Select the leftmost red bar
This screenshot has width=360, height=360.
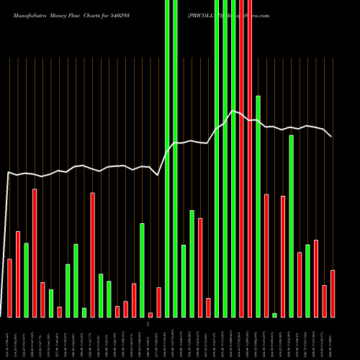coord(9,287)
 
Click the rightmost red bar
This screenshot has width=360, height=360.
coord(333,293)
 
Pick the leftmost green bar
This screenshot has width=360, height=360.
coord(26,280)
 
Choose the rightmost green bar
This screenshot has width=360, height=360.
coord(307,281)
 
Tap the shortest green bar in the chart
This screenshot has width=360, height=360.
coord(274,315)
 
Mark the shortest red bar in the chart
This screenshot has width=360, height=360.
coord(150,315)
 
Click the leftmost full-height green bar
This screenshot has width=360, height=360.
coord(167,158)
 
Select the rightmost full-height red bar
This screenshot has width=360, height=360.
coord(250,158)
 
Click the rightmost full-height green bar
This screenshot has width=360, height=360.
coord(233,158)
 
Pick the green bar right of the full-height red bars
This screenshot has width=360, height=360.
coord(258,206)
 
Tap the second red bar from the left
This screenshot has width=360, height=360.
coord(18,274)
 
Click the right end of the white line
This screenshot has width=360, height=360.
coord(332,136)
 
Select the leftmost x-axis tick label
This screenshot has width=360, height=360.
coord(9,338)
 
